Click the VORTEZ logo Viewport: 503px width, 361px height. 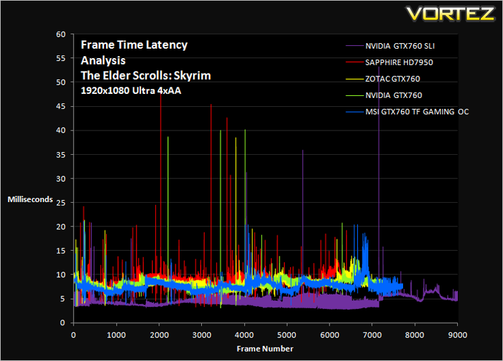[450, 14]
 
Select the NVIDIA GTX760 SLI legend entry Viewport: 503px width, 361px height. [400, 46]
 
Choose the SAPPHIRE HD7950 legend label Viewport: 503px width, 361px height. [399, 62]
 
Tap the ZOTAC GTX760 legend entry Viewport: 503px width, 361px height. [393, 78]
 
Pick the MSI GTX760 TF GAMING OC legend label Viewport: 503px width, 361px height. [417, 112]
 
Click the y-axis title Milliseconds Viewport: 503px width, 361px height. [30, 199]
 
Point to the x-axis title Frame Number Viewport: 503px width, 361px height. [265, 349]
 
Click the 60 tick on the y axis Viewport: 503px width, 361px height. [61, 34]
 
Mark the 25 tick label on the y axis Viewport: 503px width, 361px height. [61, 203]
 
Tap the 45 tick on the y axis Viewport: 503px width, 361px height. [61, 106]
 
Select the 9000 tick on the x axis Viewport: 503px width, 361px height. [458, 335]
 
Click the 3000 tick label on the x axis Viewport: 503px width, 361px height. [201, 335]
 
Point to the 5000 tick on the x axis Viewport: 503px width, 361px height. [286, 335]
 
